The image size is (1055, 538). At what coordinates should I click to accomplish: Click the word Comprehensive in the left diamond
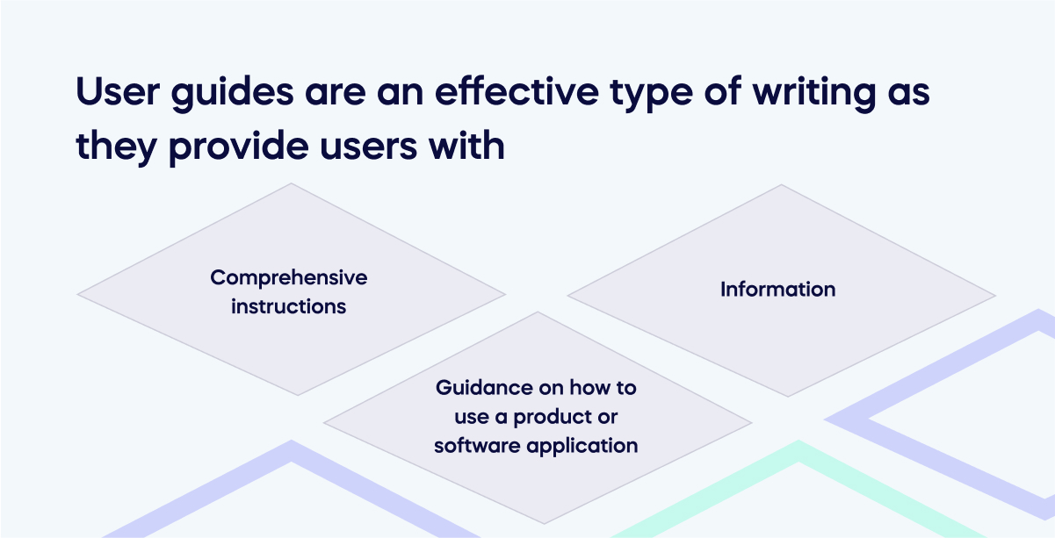(288, 278)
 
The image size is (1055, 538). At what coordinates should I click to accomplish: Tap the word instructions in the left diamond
(288, 306)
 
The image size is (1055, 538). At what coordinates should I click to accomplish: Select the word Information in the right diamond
(777, 289)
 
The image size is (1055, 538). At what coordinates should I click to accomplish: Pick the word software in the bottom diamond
(475, 445)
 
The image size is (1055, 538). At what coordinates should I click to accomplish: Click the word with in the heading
(473, 145)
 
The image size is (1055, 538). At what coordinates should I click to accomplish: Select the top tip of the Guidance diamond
(537, 313)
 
